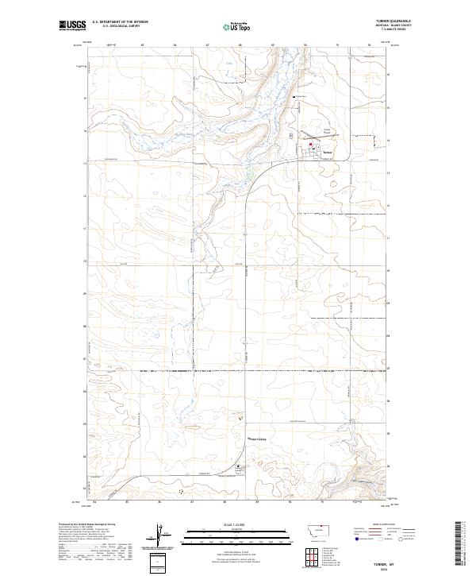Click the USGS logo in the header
72,25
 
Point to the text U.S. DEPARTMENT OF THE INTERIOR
120,22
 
